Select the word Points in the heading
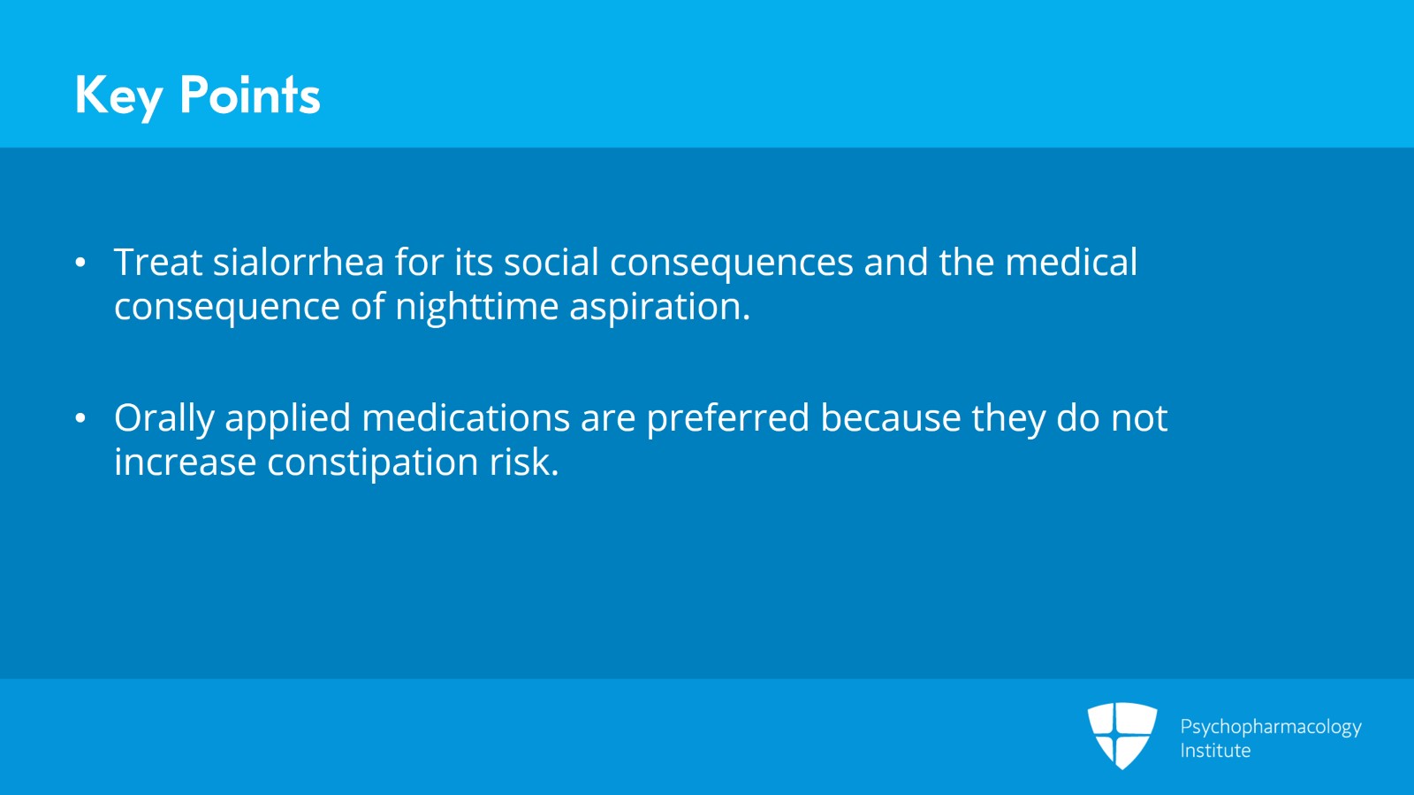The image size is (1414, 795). (249, 96)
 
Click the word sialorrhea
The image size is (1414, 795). (299, 263)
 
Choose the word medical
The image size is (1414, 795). (1071, 263)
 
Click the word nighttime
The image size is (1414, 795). (476, 307)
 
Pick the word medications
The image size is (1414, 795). (466, 418)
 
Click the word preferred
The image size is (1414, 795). (727, 419)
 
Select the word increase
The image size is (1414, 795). (186, 463)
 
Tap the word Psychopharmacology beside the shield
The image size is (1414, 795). (1270, 727)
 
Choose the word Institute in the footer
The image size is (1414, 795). (1215, 751)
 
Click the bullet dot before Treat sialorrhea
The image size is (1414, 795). (80, 263)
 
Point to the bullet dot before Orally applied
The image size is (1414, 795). (80, 418)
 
